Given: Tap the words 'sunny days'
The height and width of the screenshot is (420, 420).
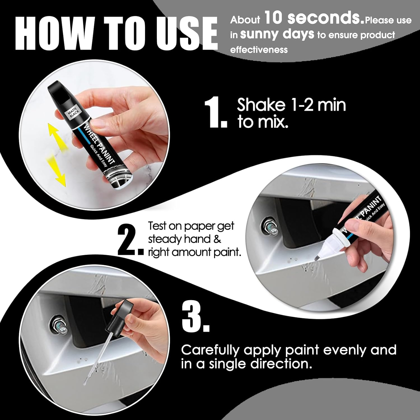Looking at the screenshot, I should (x=277, y=34).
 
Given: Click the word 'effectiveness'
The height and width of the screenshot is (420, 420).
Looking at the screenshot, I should (x=259, y=50).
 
